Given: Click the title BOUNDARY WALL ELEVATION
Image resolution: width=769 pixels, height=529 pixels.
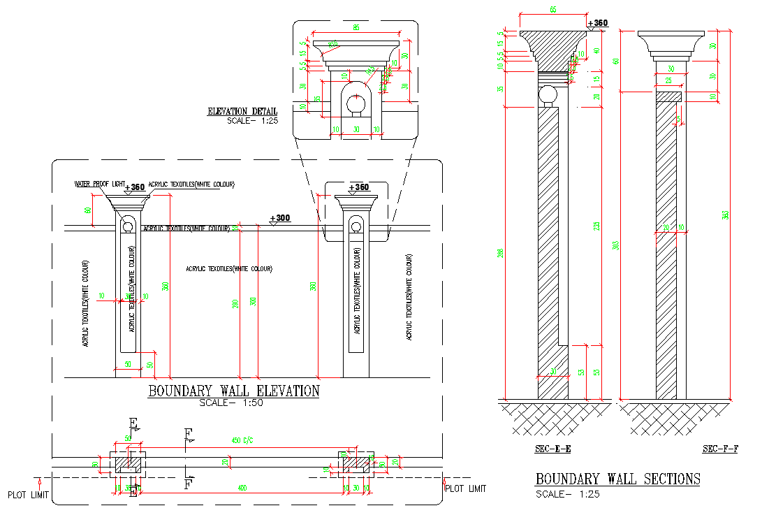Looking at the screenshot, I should tap(233, 391).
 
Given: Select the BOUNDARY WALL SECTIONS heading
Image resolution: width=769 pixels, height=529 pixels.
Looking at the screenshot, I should tap(617, 479).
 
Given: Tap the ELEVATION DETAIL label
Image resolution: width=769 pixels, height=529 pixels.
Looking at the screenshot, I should tap(242, 111).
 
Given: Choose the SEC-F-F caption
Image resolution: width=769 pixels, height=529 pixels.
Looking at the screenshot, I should tap(720, 449).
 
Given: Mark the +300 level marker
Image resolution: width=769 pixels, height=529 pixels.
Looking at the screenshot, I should tap(280, 218).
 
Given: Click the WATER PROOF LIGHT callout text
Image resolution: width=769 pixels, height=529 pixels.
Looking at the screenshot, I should tap(98, 184).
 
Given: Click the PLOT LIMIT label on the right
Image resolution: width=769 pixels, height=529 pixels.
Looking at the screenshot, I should tap(465, 488).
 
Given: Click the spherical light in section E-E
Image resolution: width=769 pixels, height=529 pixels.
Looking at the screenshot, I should tap(547, 94).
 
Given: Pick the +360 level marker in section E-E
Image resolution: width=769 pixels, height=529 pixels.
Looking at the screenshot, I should tap(598, 23).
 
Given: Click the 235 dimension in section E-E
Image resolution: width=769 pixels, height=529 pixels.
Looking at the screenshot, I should tap(596, 226).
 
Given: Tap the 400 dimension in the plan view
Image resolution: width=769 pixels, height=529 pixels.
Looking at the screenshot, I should tap(242, 487).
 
